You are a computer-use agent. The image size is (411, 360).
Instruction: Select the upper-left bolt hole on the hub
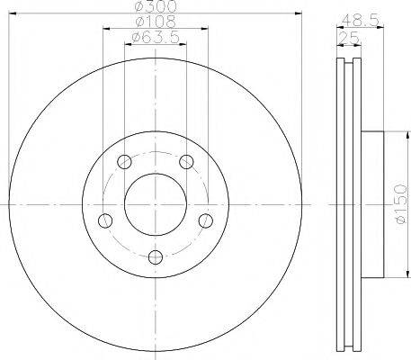(x=125, y=163)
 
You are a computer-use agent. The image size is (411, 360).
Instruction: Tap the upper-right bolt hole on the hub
(x=186, y=162)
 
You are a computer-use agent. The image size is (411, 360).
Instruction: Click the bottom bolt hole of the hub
(x=156, y=257)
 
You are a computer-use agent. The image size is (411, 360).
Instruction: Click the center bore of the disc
(x=156, y=205)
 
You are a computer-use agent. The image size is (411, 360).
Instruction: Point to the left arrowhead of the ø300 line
(x=11, y=14)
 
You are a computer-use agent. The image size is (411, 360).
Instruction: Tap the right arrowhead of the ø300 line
(x=299, y=14)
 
